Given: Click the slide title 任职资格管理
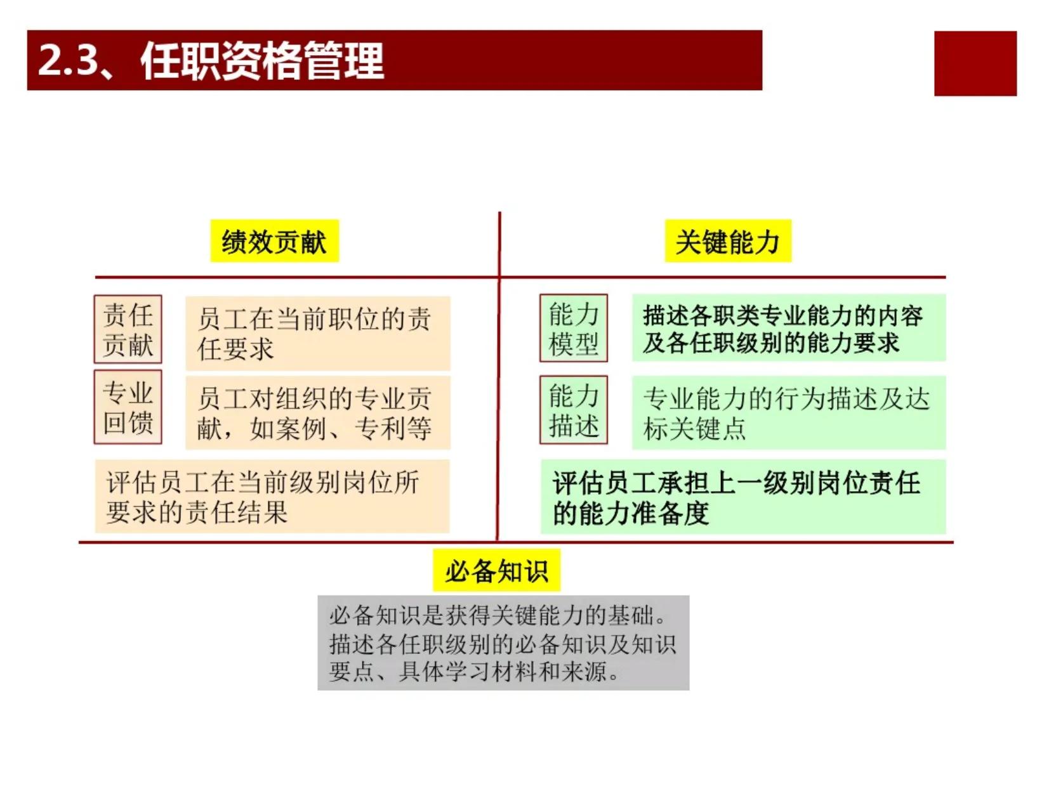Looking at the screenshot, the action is click(262, 61).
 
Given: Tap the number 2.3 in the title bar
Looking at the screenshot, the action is click(69, 60).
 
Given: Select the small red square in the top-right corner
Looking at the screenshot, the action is click(975, 63).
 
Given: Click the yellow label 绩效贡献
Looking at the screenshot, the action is click(274, 241).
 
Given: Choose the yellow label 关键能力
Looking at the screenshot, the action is click(727, 241).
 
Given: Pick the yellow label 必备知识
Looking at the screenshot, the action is click(496, 571).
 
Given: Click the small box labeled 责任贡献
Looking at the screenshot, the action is click(128, 329).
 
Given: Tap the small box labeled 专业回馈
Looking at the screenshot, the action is click(128, 407).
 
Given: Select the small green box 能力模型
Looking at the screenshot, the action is click(574, 328).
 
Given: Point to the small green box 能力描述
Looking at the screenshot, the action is click(574, 410).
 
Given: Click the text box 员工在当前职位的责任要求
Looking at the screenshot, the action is click(318, 333).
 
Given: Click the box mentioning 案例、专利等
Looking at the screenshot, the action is click(318, 412).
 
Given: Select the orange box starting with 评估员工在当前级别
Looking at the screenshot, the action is click(272, 496).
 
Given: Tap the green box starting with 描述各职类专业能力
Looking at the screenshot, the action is click(789, 327).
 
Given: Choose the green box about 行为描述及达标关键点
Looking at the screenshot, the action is click(789, 412).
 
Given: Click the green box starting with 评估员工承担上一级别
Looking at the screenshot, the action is click(743, 497).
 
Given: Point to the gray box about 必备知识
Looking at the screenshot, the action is click(503, 643).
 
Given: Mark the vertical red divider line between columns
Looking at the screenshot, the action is click(499, 376).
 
